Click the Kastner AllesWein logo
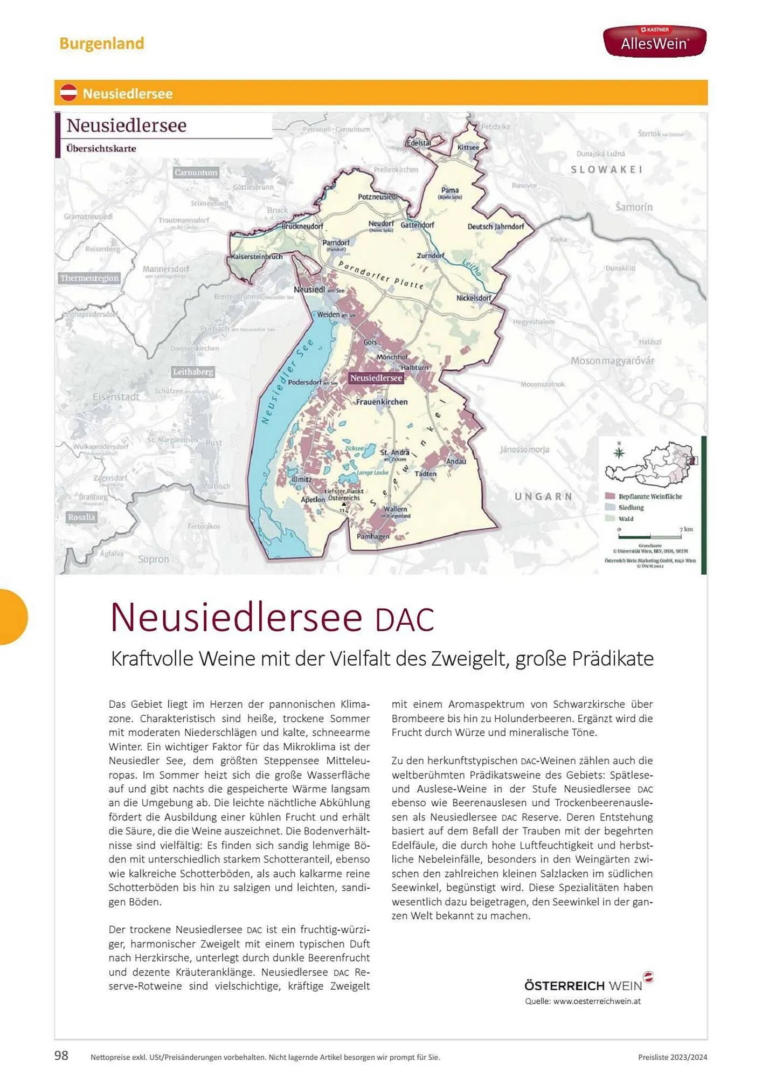point(654,41)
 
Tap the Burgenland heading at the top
point(102,43)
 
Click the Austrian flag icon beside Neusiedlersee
point(68,93)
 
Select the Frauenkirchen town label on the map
point(382,402)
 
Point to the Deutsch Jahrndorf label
point(495,226)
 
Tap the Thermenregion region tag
point(89,278)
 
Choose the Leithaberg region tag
point(193,372)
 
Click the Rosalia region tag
point(81,517)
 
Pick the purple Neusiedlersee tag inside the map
point(376,378)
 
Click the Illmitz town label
point(301,479)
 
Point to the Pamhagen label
point(373,536)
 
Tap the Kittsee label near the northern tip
point(468,147)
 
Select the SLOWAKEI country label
point(607,169)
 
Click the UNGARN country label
point(543,496)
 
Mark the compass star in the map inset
point(619,452)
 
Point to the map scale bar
point(650,537)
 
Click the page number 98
point(61,1055)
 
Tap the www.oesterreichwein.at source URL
point(597,1001)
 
